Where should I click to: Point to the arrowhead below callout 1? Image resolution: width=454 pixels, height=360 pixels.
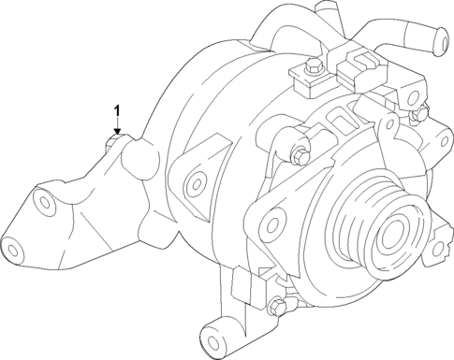[117, 134]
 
